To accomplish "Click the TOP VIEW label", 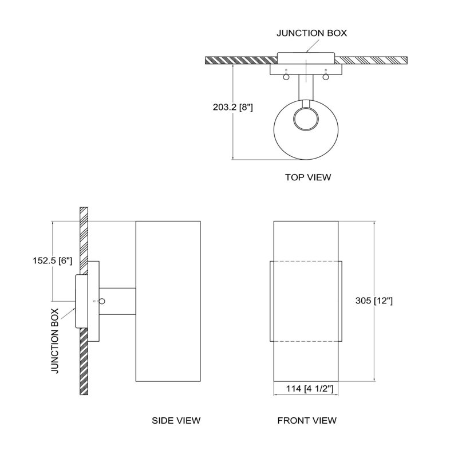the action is [x=308, y=177].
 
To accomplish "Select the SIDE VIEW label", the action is [x=176, y=420].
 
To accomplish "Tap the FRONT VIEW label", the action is [x=307, y=420].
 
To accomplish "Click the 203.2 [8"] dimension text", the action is [x=232, y=107].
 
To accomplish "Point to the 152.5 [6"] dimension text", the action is [x=52, y=260].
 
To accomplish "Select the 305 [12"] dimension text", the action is [x=374, y=301].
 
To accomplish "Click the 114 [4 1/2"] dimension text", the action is [x=309, y=389].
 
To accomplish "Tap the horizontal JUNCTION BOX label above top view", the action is [x=311, y=33].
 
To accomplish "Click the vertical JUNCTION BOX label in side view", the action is [x=55, y=341].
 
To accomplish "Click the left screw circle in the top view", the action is [x=286, y=77].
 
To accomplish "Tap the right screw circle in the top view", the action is [x=326, y=77].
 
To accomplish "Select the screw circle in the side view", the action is [x=102, y=301].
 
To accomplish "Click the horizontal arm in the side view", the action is [x=117, y=302].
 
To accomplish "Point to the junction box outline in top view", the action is [x=306, y=53].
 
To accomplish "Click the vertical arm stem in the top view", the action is [x=306, y=88].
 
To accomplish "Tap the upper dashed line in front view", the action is [x=306, y=261].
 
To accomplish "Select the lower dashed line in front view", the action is [x=306, y=341].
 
